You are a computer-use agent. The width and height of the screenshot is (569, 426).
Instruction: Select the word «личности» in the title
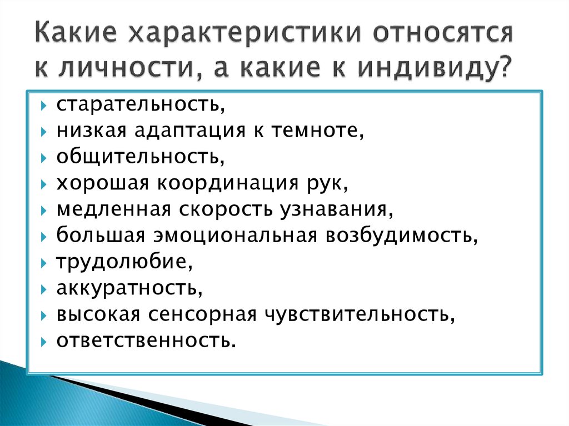click(127, 68)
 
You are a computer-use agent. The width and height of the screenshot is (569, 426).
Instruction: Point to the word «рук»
click(325, 185)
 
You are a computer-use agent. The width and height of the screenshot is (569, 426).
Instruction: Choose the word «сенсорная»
click(202, 314)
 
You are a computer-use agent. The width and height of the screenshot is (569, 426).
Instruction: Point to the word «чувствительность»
click(357, 314)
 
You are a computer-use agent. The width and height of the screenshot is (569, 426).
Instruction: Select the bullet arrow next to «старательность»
click(44, 106)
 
